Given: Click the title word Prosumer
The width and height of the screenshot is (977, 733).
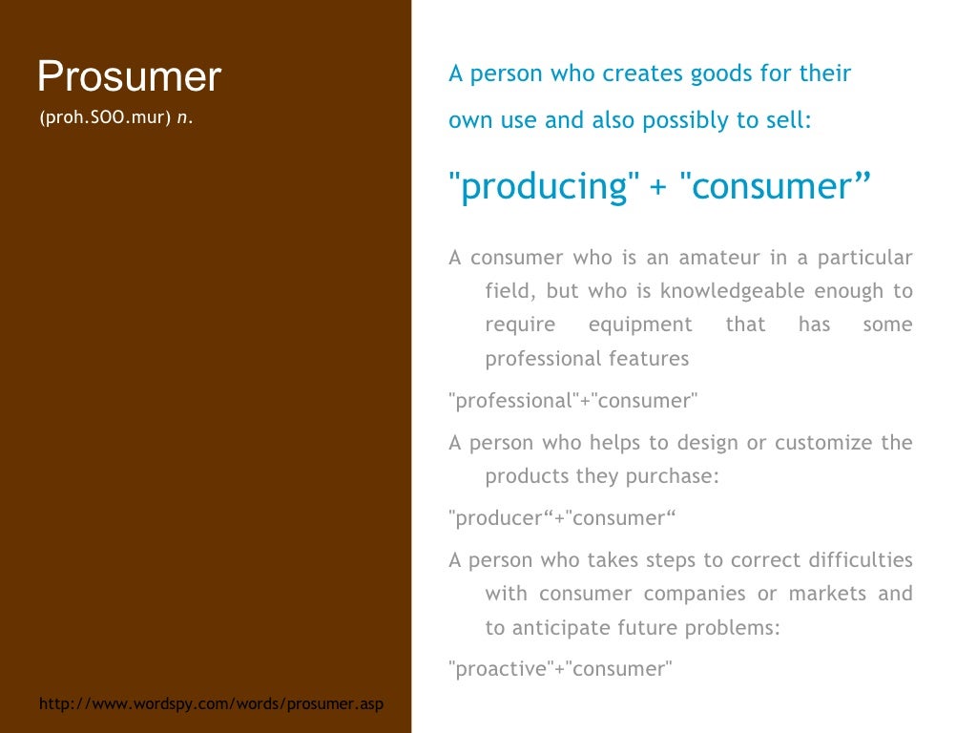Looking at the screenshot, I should (129, 76).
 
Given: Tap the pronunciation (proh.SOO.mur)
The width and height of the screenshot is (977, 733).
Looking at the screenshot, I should (105, 118).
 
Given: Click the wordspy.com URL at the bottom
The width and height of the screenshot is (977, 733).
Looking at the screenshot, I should (211, 704).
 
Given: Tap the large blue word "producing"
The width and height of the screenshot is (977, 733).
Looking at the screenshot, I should (544, 186).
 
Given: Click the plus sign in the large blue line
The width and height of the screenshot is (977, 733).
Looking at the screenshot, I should (658, 186).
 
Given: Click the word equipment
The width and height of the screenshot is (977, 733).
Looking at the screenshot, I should (640, 325).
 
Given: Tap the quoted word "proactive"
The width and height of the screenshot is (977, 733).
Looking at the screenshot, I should (499, 668).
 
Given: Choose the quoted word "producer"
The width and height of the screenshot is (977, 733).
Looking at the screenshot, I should (499, 518).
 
